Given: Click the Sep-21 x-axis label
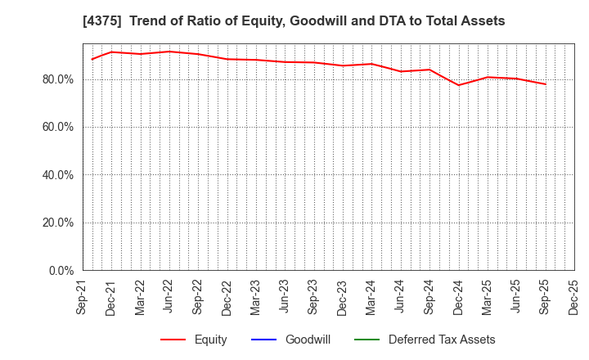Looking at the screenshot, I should tap(83, 297).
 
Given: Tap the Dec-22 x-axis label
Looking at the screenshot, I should tap(227, 297).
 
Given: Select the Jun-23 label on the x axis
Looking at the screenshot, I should tap(285, 297).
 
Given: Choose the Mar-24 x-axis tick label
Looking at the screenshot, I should tap(371, 297).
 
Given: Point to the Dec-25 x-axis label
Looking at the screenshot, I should tap(573, 297).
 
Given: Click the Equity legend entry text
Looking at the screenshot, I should tap(210, 340).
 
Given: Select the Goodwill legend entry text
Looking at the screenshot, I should tap(308, 340).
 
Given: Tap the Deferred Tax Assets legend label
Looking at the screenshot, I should tap(442, 340).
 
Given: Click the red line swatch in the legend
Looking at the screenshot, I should tap(173, 340).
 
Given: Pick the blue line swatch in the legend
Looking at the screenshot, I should tap(264, 340).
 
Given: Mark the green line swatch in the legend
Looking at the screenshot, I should tap(367, 340).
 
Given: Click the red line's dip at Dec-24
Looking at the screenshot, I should tap(458, 85).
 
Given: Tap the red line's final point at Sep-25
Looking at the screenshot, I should tap(545, 84).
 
